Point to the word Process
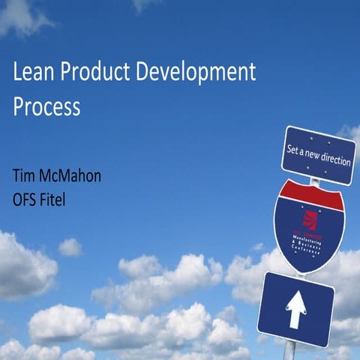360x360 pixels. pyautogui.click(x=46, y=106)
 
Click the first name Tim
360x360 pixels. pyautogui.click(x=24, y=178)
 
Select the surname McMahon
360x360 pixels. pyautogui.click(x=73, y=178)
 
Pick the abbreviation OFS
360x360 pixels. pyautogui.click(x=27, y=200)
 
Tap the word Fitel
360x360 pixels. pyautogui.click(x=61, y=200)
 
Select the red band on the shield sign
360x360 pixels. pyautogui.click(x=308, y=194)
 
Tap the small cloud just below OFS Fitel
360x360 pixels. pyautogui.click(x=70, y=247)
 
